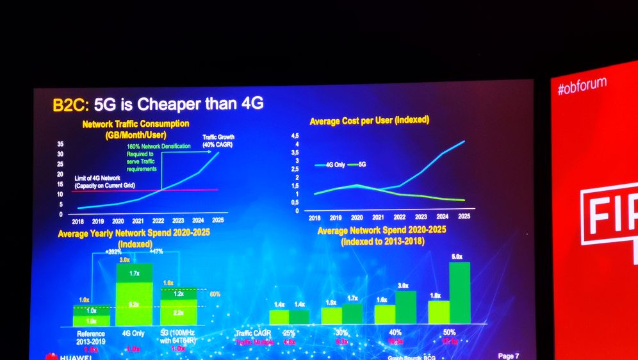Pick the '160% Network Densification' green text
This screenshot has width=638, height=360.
(x=158, y=147)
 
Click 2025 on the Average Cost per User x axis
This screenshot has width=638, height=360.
(x=464, y=218)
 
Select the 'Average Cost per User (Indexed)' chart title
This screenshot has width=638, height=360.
(x=369, y=120)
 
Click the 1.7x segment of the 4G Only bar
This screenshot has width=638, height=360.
(x=133, y=273)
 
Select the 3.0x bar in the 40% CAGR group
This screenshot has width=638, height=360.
(x=405, y=307)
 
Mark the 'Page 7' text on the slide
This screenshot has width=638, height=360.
(x=508, y=355)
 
